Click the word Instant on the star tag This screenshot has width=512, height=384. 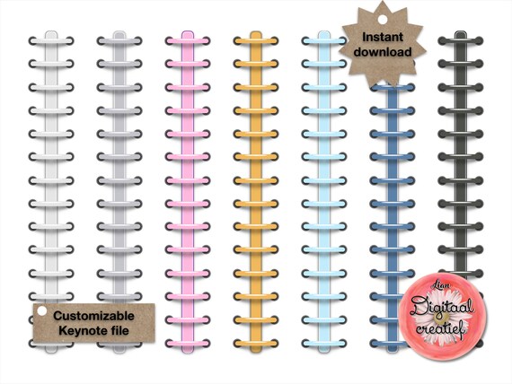point(383,37)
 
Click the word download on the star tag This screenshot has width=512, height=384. point(383,52)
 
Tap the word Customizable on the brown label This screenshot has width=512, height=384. point(93,316)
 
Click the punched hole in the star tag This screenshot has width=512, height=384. point(383,20)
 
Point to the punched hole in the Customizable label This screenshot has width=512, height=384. point(42,311)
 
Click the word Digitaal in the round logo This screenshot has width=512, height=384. point(442,307)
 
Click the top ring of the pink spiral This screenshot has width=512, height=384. point(188,41)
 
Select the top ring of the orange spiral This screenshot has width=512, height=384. point(256,41)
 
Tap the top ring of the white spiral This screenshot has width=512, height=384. point(51,41)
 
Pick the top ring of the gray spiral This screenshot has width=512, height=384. point(119,41)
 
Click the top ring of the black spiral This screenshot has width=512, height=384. point(461,41)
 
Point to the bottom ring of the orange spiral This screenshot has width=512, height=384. point(256,344)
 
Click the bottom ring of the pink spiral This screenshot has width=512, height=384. point(188,344)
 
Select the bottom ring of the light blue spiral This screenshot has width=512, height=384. point(324,344)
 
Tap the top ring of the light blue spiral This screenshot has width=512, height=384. point(324,41)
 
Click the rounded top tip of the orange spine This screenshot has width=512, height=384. point(256,32)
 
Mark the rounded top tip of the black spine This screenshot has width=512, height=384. point(461,32)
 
